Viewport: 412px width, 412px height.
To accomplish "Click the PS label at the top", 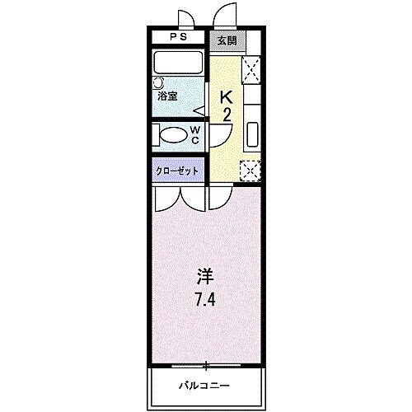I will pyautogui.click(x=178, y=37).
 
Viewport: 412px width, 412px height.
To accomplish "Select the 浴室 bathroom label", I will pyautogui.click(x=169, y=96).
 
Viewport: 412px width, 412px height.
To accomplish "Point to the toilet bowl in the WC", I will pyautogui.click(x=174, y=136).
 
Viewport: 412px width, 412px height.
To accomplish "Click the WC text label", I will pyautogui.click(x=195, y=135).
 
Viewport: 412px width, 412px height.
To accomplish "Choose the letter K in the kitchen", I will pyautogui.click(x=226, y=96).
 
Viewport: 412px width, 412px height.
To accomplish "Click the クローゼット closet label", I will pyautogui.click(x=177, y=171).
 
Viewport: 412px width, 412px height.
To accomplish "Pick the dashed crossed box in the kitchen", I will pyautogui.click(x=250, y=169).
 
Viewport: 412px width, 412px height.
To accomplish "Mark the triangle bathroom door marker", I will pyautogui.click(x=199, y=110).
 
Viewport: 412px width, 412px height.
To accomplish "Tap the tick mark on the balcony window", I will pyautogui.click(x=206, y=363).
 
